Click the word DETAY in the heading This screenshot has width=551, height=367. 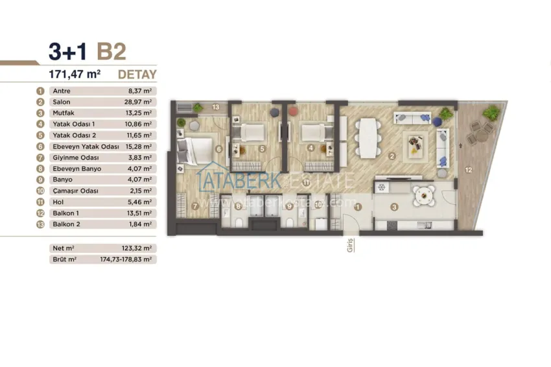click(137, 75)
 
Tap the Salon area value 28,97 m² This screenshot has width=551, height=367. click(140, 102)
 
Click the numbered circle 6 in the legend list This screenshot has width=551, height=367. click(40, 147)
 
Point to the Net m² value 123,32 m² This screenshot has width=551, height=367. click(137, 248)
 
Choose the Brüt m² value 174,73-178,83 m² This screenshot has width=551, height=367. click(126, 259)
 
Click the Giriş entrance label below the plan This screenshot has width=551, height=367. click(350, 245)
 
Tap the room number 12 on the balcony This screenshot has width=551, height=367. click(469, 170)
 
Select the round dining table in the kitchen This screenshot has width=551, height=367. click(424, 195)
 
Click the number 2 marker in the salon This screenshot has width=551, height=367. click(392, 156)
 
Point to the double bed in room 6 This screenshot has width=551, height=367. click(194, 151)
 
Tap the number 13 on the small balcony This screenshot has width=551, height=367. click(215, 107)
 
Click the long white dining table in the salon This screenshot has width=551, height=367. click(368, 138)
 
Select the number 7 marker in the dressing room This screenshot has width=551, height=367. click(195, 206)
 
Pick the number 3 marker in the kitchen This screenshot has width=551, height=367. click(394, 207)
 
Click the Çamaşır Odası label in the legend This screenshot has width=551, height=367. click(76, 191)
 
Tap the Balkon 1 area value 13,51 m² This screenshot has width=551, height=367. click(140, 213)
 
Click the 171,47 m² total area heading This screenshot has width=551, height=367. click(75, 74)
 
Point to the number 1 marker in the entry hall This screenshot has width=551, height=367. click(358, 207)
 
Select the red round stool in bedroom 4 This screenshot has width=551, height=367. click(294, 112)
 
